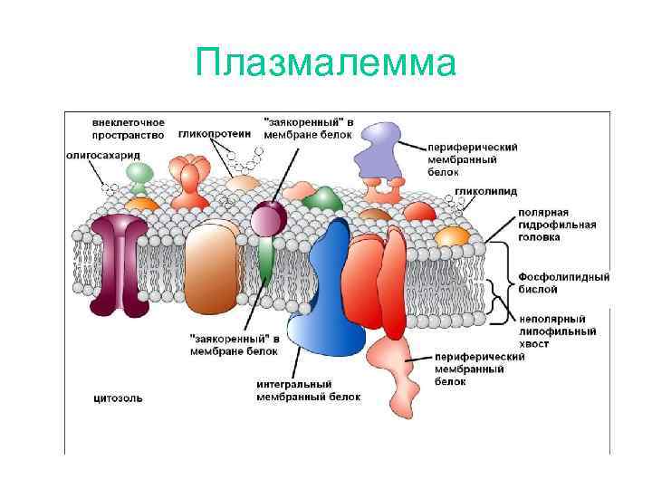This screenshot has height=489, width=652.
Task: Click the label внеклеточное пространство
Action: click(x=128, y=129)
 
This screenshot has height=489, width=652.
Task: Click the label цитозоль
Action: click(x=118, y=397)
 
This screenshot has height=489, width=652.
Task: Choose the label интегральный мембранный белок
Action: click(x=308, y=390)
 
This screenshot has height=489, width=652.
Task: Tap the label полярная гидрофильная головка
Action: click(x=557, y=225)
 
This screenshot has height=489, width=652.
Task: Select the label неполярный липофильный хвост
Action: click(x=557, y=331)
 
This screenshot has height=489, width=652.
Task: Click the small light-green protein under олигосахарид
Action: click(x=137, y=173)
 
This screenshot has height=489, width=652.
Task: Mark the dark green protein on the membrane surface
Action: click(x=322, y=200)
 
